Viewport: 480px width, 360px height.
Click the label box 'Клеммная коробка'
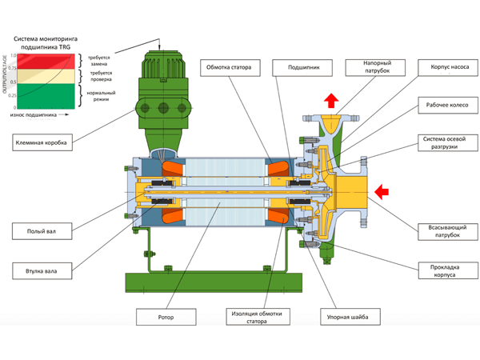click(44, 142)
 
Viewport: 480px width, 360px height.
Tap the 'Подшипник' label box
click(304, 68)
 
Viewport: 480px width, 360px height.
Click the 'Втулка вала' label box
click(44, 270)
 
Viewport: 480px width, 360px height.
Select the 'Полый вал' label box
click(44, 232)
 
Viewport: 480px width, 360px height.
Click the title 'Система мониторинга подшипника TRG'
click(47, 42)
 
